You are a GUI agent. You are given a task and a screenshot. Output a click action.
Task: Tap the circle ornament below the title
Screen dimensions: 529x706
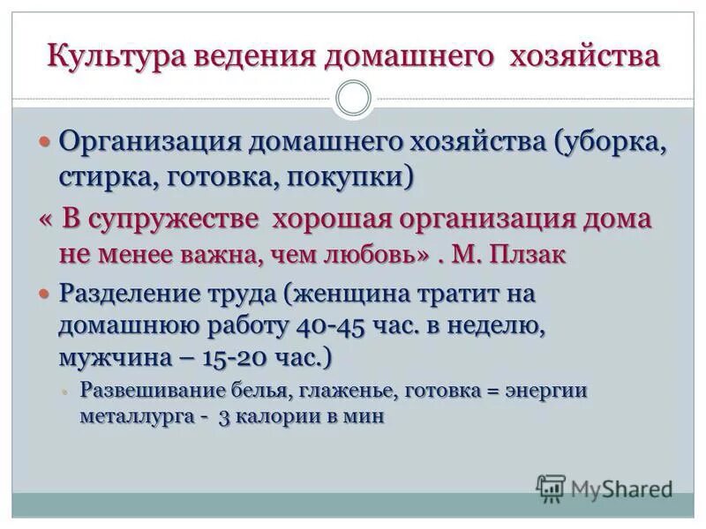354,98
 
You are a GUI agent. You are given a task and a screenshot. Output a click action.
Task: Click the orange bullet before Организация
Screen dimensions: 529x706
49,142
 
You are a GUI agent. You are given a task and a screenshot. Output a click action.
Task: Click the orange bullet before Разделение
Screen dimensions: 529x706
49,293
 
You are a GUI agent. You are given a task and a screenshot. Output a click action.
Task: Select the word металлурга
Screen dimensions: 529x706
133,416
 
